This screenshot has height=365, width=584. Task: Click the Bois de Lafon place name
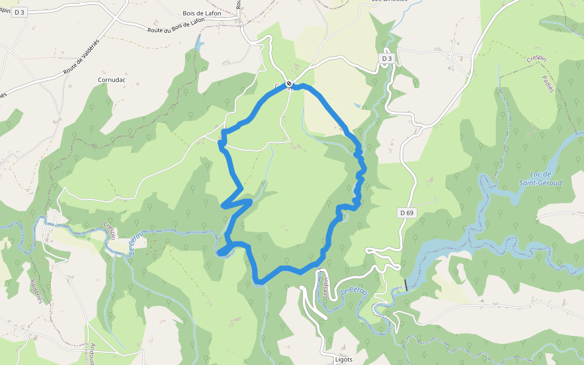(201, 13)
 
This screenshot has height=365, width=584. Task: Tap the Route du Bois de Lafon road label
(176, 26)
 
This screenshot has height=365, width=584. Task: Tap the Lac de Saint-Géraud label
(540, 179)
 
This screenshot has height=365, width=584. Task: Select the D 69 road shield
(406, 212)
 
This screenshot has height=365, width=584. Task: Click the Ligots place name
(344, 359)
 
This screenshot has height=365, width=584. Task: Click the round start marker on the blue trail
(289, 84)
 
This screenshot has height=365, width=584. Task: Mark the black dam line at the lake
(406, 285)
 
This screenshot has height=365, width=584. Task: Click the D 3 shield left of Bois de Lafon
(18, 12)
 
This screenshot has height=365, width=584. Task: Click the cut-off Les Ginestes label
(389, 2)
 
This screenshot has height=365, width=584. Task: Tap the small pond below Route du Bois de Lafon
(198, 43)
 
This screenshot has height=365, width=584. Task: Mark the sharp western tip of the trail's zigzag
(222, 206)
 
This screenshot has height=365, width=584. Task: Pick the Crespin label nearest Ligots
(326, 287)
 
